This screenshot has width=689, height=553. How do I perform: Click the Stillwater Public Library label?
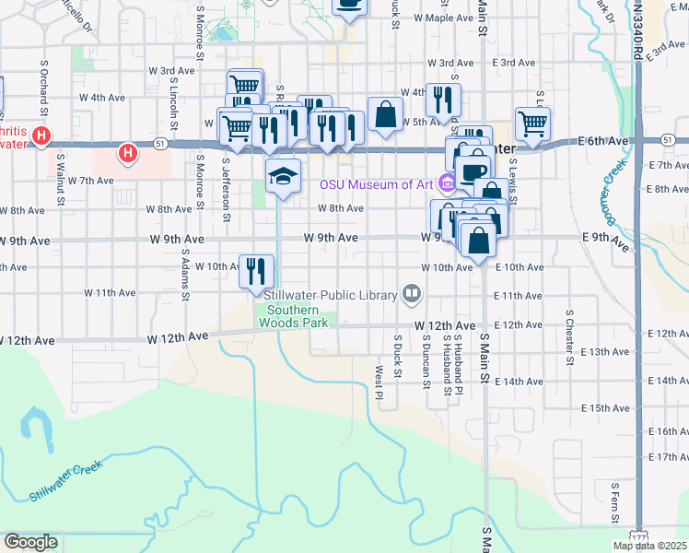pyautogui.click(x=330, y=295)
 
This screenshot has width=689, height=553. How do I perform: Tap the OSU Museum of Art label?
pyautogui.click(x=376, y=183)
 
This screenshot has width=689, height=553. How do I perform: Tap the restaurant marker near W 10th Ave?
pyautogui.click(x=256, y=270)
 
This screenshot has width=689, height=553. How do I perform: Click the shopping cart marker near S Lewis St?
pyautogui.click(x=531, y=122)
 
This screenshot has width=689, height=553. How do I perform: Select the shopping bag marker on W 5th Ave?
pyautogui.click(x=385, y=115)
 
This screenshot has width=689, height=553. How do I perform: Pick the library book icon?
pyautogui.click(x=412, y=295)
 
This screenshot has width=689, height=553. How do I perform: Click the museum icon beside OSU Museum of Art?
pyautogui.click(x=446, y=182)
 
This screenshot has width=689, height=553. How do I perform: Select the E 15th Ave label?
pyautogui.click(x=607, y=407)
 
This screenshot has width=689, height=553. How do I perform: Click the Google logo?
pyautogui.click(x=30, y=542)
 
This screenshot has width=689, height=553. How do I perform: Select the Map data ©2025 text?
pyautogui.click(x=650, y=546)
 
